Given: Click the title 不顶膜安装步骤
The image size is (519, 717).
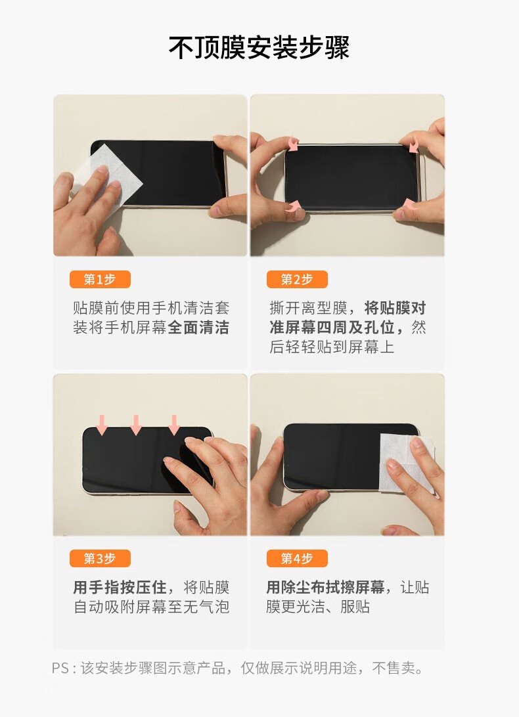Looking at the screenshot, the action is tap(259, 47).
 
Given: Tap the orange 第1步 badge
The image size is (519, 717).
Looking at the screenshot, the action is tap(100, 280).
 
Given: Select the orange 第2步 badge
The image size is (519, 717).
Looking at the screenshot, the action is tap(297, 280).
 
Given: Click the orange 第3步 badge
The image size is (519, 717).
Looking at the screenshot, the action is tap(100, 558).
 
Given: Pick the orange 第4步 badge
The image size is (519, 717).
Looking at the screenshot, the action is tap(297, 558).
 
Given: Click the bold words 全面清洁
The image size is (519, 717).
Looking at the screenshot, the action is tap(198, 328).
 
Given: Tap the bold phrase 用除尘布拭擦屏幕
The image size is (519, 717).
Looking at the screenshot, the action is tap(325, 587).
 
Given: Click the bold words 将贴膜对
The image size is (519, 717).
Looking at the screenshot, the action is tap(395, 308).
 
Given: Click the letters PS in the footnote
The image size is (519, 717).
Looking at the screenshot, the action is tap(60, 668).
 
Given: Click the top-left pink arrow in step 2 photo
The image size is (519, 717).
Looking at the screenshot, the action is tap(292, 144).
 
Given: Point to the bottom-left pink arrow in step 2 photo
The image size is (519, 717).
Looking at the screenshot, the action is tap(293, 206).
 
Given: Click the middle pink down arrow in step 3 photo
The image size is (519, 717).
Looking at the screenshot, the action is tap(136, 425).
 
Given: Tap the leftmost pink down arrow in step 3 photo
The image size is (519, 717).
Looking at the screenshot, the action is tap(102, 425).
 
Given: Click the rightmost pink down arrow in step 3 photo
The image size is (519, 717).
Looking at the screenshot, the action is tap(174, 425).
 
